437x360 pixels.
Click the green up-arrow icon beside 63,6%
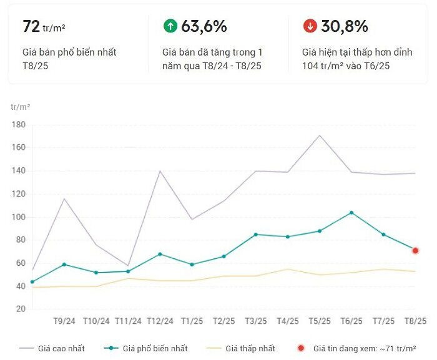[x=170, y=26]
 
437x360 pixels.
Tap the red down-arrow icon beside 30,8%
[x=310, y=26]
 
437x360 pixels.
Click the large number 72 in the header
[x=31, y=26]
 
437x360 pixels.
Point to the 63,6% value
[x=204, y=26]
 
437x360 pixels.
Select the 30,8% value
[x=344, y=26]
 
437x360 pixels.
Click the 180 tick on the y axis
[x=17, y=125]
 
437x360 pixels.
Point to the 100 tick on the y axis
[x=17, y=217]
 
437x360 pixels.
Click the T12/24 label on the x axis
[x=160, y=321]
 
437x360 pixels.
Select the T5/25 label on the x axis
[x=320, y=321]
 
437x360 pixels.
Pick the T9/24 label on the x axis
[x=64, y=321]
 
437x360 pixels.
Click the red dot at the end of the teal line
[x=415, y=251]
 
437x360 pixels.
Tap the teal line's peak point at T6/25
[x=351, y=213]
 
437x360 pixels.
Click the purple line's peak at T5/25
[x=320, y=135]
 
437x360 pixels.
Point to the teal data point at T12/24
[x=160, y=254]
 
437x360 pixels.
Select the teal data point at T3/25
[x=256, y=235]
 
